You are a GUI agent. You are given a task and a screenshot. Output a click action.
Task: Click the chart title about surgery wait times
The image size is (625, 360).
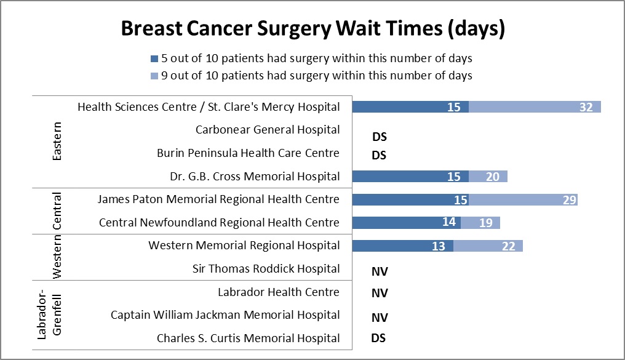coord(312,29)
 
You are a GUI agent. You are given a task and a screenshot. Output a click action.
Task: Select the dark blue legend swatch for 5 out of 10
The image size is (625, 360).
coord(154,59)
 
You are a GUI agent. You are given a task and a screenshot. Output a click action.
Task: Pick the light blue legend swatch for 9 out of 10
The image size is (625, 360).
coord(154,76)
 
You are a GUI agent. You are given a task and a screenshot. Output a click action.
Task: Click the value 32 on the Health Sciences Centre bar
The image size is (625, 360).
coord(586,107)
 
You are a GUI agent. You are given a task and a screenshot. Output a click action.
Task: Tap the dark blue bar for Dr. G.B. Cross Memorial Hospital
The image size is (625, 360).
coord(410,177)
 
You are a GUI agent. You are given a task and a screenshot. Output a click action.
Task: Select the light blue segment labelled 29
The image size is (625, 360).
coord(523,199)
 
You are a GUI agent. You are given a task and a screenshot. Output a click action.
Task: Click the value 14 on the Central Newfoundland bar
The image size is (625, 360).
coord(449,222)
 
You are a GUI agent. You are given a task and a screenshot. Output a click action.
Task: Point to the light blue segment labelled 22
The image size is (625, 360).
coord(488,246)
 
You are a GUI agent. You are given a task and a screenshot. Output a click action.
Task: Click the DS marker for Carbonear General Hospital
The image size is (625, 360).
coord(379,137)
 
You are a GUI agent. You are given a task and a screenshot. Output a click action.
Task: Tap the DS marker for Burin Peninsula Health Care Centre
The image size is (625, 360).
coord(379,155)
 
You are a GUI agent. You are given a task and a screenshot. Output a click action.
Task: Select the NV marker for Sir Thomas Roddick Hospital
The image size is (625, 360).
coord(380,271)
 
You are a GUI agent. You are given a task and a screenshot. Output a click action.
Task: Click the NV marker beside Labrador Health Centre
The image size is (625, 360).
coord(380,293)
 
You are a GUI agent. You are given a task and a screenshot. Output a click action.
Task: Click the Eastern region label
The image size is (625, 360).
coord(57,142)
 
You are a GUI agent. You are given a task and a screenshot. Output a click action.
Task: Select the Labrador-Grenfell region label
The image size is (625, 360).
coord(50,315)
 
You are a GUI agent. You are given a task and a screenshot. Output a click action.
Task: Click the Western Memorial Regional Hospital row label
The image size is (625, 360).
coord(244,246)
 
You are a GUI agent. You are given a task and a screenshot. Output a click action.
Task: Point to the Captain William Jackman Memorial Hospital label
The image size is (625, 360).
coord(225,315)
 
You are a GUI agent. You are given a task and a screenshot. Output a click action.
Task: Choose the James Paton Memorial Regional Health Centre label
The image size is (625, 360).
coord(218,199)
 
